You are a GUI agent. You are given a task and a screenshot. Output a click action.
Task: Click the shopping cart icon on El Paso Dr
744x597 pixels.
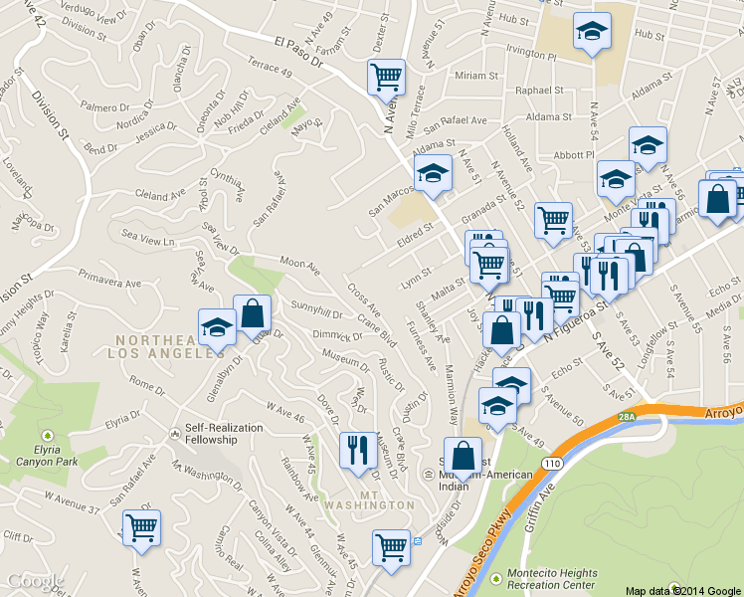pyautogui.click(x=385, y=76)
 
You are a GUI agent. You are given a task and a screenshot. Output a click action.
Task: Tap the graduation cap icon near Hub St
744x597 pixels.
pyautogui.click(x=592, y=31)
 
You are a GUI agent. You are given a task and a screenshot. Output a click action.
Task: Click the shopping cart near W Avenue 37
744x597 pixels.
pyautogui.click(x=141, y=526)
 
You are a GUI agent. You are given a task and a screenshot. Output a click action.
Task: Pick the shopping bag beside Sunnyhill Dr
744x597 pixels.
pyautogui.click(x=252, y=312)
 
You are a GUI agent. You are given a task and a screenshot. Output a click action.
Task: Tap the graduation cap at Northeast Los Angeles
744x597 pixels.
pyautogui.click(x=216, y=327)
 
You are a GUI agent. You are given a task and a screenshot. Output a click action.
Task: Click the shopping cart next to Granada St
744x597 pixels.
pyautogui.click(x=553, y=220)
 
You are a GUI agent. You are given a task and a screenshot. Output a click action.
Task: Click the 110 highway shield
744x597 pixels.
pyautogui.click(x=548, y=464)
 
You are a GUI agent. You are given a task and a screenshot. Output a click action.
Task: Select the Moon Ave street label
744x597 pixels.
pyautogui.click(x=299, y=267)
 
